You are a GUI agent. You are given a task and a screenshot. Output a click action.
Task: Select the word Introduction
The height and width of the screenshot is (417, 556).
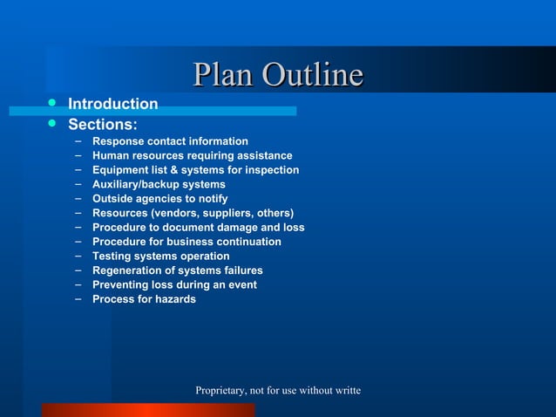click(113, 105)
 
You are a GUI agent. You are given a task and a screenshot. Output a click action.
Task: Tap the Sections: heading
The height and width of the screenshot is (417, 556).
click(103, 124)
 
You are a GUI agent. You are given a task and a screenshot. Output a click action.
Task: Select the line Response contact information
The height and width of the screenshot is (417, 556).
click(170, 141)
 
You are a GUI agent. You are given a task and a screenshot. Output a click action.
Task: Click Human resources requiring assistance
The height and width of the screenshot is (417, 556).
click(192, 155)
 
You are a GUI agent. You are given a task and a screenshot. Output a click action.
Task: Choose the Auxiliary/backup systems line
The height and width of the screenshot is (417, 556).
click(159, 184)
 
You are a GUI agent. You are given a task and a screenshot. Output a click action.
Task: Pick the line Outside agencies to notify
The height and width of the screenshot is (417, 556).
click(159, 199)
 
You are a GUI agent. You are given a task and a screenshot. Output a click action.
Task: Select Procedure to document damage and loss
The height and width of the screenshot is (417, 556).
click(198, 228)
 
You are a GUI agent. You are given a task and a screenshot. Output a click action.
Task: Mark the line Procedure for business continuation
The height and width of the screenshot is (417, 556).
click(186, 242)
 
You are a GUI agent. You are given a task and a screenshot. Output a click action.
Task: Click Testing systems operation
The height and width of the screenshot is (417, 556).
click(160, 256)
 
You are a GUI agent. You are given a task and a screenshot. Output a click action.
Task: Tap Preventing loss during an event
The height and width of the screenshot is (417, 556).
click(174, 284)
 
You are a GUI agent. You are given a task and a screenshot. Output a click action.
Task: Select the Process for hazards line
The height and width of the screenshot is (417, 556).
click(144, 299)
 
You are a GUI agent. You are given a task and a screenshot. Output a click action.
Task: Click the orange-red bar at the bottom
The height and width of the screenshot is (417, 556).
click(148, 410)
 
